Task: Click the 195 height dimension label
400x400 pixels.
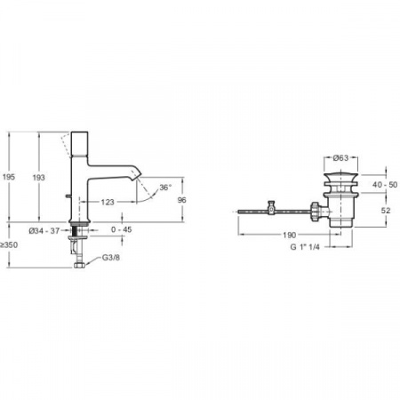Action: click(9, 177)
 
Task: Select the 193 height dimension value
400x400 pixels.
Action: click(38, 178)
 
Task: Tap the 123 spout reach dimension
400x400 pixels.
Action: click(108, 202)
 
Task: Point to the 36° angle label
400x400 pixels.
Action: click(165, 188)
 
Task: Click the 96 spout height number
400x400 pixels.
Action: click(181, 200)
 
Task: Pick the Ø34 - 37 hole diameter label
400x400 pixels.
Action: click(44, 230)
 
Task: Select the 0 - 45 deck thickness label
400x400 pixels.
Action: click(122, 229)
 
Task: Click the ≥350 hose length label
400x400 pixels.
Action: click(9, 245)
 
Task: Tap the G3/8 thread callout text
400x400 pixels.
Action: click(111, 258)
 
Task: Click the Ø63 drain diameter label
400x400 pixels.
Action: click(340, 158)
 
